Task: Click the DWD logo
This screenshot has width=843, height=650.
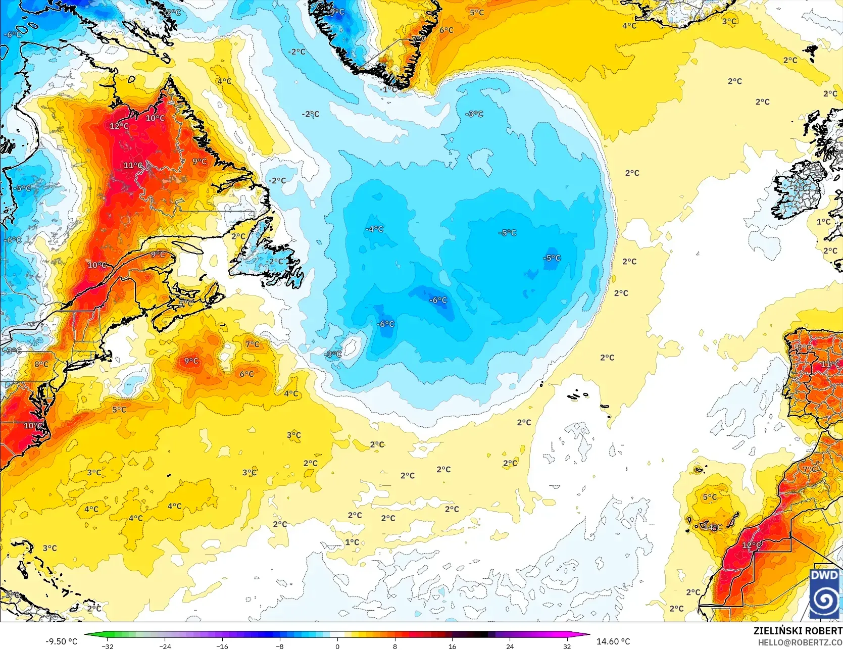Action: pos(825,593)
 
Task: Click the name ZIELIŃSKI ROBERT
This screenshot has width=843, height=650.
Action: pos(798,631)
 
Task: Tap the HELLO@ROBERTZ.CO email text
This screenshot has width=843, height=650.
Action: pos(800,642)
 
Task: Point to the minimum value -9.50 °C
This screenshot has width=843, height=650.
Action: pos(62,641)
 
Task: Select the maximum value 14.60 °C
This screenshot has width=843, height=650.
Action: pos(613,641)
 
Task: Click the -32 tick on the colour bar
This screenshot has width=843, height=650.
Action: pos(108,646)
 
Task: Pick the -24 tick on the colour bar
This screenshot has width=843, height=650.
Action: pos(165,646)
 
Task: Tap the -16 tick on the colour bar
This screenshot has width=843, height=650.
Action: pos(222,646)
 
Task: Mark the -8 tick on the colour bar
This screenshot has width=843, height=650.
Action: pos(280,646)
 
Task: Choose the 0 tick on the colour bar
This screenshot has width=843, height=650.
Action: pos(337,646)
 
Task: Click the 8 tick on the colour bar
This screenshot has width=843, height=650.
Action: pos(395,646)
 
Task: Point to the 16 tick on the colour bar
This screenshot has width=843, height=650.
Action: pos(452,646)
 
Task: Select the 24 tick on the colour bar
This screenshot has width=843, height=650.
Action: pos(510,646)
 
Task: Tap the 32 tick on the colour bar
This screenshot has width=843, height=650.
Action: pos(567,646)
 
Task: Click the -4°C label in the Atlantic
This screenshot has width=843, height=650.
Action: pos(374,229)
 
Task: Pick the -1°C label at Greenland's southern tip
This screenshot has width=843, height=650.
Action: pos(389,89)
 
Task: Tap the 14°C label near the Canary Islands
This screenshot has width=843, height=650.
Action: pos(713,527)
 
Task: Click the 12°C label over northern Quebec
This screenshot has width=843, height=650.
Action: pos(119,126)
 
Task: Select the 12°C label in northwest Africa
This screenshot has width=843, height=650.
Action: pos(752,545)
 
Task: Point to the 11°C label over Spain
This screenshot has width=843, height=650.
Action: pos(830,364)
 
